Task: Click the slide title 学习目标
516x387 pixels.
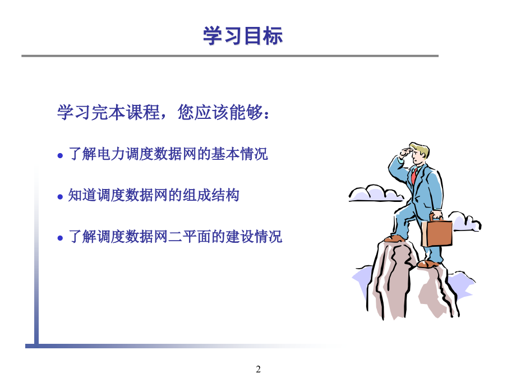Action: pyautogui.click(x=243, y=35)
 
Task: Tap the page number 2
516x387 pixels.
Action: pyautogui.click(x=259, y=369)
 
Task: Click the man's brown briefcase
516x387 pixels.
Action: pyautogui.click(x=437, y=232)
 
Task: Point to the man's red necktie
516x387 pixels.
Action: pyautogui.click(x=414, y=176)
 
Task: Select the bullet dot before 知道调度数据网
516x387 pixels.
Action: pyautogui.click(x=60, y=197)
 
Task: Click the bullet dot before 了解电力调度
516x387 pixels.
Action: pyautogui.click(x=60, y=155)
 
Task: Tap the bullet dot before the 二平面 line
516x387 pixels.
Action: pyautogui.click(x=60, y=238)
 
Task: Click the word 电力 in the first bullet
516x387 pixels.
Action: pyautogui.click(x=104, y=154)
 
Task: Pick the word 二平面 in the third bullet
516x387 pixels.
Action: pyautogui.click(x=190, y=236)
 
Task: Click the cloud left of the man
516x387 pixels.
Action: pyautogui.click(x=376, y=193)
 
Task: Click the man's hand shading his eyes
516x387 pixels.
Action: pyautogui.click(x=406, y=153)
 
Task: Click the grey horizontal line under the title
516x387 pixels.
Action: pyautogui.click(x=230, y=56)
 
